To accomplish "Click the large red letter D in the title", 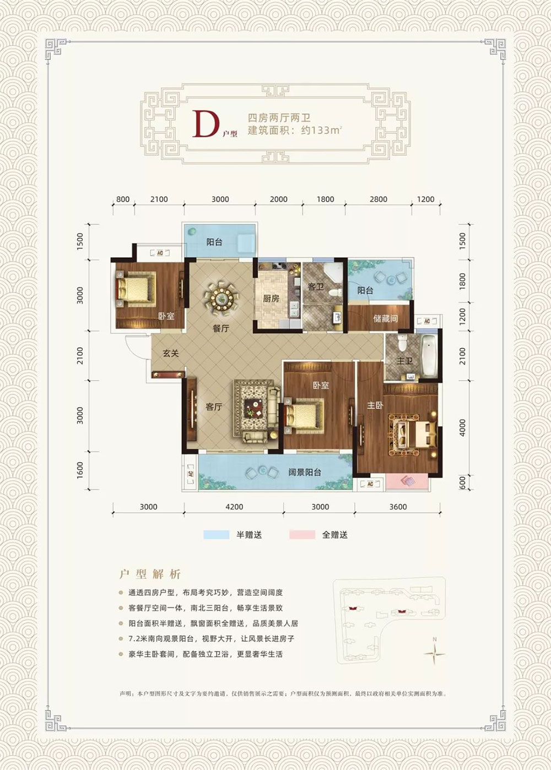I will (203, 124).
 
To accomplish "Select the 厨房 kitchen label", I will (271, 299).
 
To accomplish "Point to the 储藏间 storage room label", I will (385, 318).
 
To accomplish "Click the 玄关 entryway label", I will (171, 353).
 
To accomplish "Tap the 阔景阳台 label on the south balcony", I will (305, 472).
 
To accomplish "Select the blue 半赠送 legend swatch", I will (217, 535).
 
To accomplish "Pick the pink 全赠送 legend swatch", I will (302, 535).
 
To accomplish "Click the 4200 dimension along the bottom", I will (234, 507).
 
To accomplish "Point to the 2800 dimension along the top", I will (379, 199).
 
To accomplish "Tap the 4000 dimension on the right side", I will (463, 428).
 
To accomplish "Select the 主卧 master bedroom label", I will (375, 406).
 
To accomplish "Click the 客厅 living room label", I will (214, 407).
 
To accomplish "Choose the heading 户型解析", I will (150, 574).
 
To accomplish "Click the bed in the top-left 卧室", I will (134, 288).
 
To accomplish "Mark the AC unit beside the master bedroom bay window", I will (370, 484).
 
